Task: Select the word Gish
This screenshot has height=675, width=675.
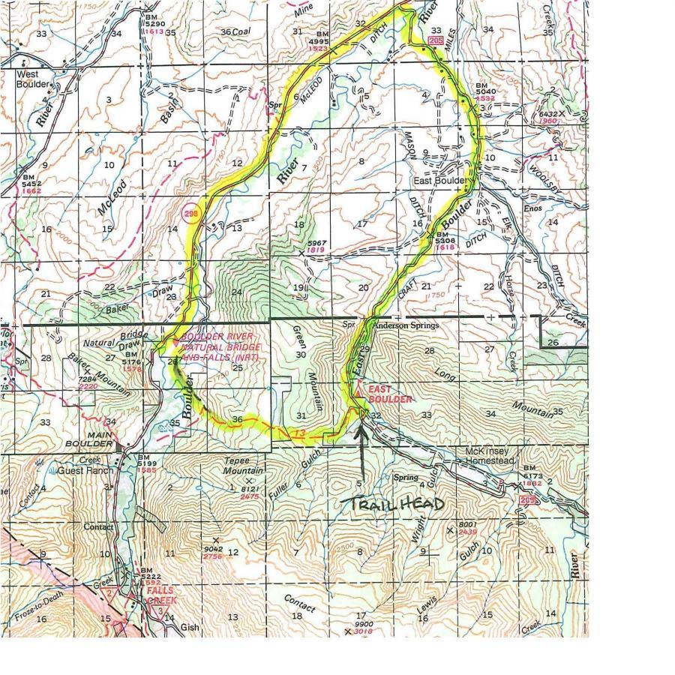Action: pos(190,628)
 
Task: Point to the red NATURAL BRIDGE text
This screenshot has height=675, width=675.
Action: pos(221,348)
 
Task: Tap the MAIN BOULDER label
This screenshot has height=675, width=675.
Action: pos(100,439)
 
